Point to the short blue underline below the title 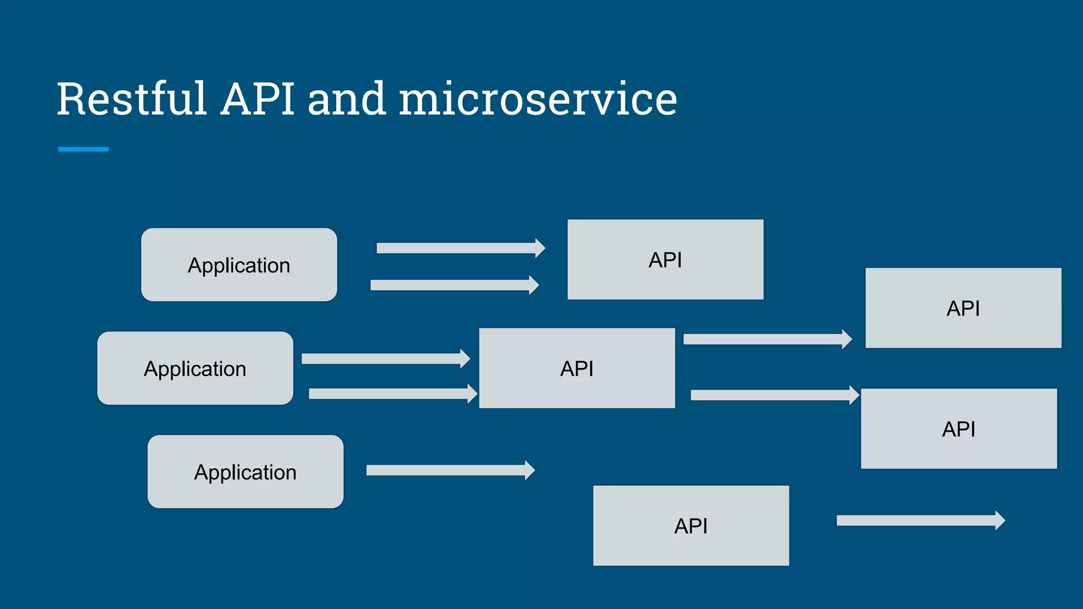point(83,149)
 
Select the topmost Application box point(239,265)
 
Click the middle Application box point(195,368)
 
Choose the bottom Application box point(245,472)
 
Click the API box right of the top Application point(665,260)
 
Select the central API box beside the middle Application point(577,368)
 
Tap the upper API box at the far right point(963,308)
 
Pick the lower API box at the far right point(959,429)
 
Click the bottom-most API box point(691,525)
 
